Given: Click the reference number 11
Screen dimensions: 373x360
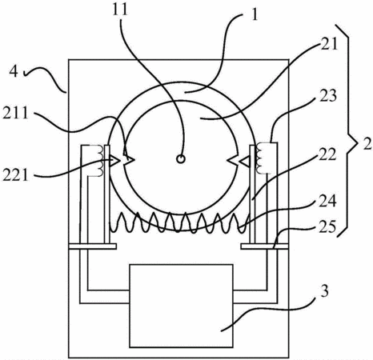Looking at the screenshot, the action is pos(120,10).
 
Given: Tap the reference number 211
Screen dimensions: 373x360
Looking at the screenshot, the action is pos(15,113).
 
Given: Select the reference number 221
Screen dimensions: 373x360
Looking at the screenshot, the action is pos(15,175).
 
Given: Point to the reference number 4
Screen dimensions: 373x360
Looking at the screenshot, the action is pos(14,71).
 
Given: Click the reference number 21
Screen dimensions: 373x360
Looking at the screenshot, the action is pos(329,44).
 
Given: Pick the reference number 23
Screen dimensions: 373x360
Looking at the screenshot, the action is pos(328,96).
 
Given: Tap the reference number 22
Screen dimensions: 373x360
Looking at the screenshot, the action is pos(328,154).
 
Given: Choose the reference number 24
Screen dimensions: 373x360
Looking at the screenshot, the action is pos(328,201).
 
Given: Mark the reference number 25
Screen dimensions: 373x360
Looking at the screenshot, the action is pos(327,227).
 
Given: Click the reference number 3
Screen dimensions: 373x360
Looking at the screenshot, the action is pos(324,291).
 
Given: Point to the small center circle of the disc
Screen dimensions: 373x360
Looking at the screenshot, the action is pos(181,159).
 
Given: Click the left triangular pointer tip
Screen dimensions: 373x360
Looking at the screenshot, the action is pos(118,160).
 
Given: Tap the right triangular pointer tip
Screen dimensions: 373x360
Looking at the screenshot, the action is pos(240,161).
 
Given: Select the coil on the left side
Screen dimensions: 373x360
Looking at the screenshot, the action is pos(100,161).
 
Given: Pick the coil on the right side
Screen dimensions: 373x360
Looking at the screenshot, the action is pos(259,158).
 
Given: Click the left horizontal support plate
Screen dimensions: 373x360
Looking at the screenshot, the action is pos(93,246).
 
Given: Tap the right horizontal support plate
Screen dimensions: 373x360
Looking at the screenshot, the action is pos(265,246).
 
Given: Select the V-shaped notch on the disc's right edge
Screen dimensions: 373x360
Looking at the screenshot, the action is pos(231,161).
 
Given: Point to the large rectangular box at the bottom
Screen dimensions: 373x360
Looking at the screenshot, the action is pos(181,306).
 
